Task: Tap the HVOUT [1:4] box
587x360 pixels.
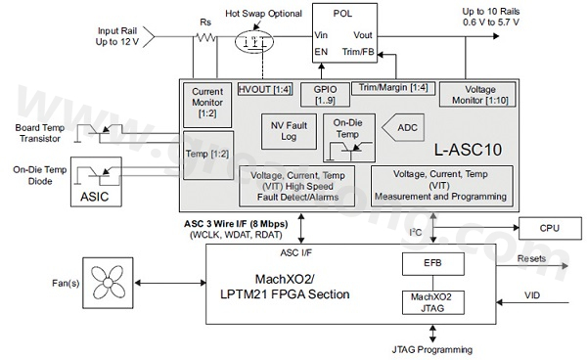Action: click(x=263, y=90)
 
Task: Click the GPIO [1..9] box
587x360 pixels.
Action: click(x=325, y=95)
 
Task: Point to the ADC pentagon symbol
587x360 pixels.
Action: click(x=398, y=127)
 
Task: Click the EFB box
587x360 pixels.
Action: click(x=434, y=263)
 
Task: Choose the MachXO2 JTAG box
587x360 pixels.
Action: click(x=434, y=306)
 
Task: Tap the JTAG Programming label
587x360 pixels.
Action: click(x=434, y=349)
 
